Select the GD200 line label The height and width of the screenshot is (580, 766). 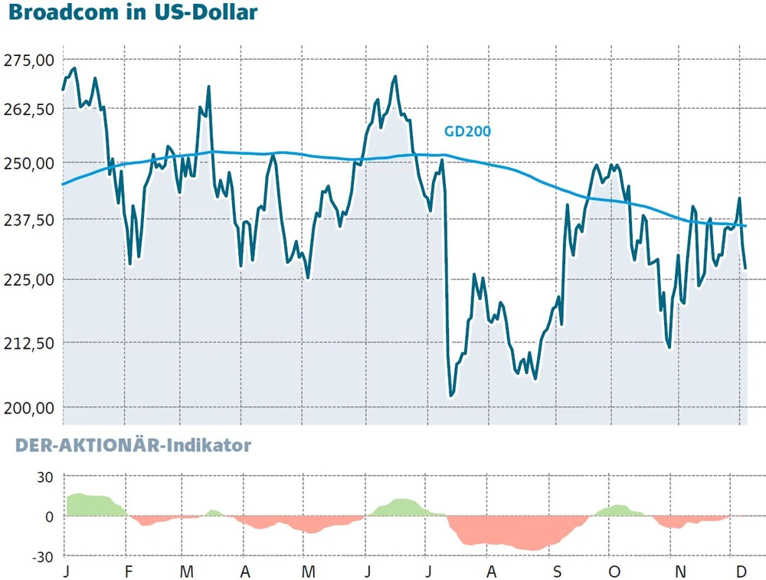tap(467, 131)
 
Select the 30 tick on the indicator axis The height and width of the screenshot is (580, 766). tap(44, 477)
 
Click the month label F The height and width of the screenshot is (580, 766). tap(129, 572)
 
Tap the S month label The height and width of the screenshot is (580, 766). tap(558, 572)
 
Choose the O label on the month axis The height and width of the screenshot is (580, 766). tap(613, 572)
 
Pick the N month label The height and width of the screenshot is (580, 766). tap(679, 572)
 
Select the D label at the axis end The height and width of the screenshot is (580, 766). tap(741, 572)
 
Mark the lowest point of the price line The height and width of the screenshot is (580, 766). tap(451, 395)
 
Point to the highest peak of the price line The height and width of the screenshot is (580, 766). tap(73, 69)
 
